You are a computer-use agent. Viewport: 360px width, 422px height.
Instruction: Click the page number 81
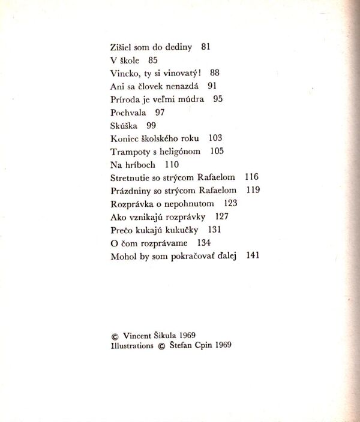pos(206,46)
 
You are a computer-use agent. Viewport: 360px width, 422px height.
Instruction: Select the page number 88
pos(215,73)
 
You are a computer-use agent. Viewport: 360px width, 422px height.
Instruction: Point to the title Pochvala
pos(129,112)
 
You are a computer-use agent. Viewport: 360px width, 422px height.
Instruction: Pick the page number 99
pos(151,125)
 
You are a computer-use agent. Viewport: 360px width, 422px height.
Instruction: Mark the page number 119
pos(253,191)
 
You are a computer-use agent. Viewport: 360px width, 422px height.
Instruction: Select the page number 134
pos(204,243)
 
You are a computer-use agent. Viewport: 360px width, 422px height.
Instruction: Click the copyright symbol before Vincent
pos(115,336)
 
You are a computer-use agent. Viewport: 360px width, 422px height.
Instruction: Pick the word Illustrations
pos(132,346)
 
